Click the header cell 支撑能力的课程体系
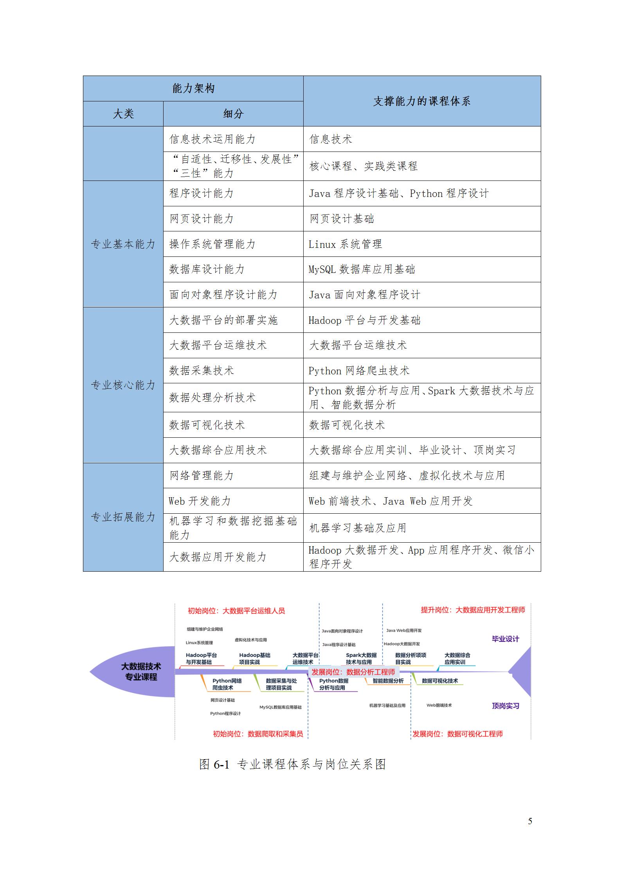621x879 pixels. (x=421, y=101)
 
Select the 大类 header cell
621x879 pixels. (x=123, y=114)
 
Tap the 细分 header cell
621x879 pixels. (x=233, y=114)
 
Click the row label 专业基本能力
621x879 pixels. (x=123, y=244)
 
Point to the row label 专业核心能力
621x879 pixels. (x=123, y=385)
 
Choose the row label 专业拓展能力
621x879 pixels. (x=123, y=517)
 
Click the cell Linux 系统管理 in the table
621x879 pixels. (x=345, y=244)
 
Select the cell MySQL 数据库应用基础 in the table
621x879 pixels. (x=362, y=269)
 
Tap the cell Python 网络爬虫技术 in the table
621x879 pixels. (x=359, y=370)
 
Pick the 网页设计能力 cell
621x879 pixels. (x=202, y=219)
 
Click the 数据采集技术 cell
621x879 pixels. (x=202, y=370)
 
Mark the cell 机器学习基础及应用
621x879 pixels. (x=358, y=528)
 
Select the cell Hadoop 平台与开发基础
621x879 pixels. (x=364, y=320)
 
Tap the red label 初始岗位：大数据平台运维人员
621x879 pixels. (x=236, y=610)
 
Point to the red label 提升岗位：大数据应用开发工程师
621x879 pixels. (x=473, y=610)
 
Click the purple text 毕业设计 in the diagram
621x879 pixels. (x=505, y=639)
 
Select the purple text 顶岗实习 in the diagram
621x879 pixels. (x=505, y=706)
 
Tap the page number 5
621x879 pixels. (x=530, y=821)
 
